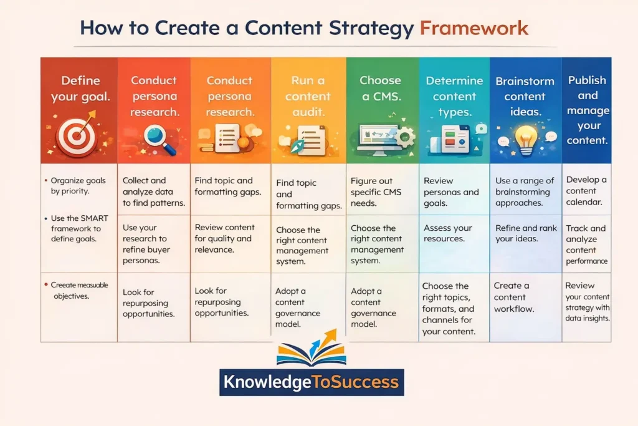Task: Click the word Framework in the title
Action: pyautogui.click(x=474, y=28)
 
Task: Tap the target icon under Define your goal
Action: pyautogui.click(x=77, y=137)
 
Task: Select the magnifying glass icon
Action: pyautogui.click(x=153, y=135)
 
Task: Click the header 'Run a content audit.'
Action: pyautogui.click(x=307, y=97)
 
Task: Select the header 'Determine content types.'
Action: pyautogui.click(x=454, y=97)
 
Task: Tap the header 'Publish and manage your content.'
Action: pyautogui.click(x=586, y=110)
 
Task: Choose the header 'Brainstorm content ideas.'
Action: pyautogui.click(x=525, y=97)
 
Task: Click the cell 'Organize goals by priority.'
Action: pyautogui.click(x=79, y=186)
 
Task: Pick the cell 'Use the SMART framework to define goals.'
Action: pyautogui.click(x=79, y=229)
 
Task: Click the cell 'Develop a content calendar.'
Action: pyautogui.click(x=586, y=191)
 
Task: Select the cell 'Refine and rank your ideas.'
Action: pyautogui.click(x=525, y=233)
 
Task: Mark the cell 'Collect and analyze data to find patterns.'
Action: pyautogui.click(x=153, y=191)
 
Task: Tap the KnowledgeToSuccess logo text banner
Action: pyautogui.click(x=312, y=382)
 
